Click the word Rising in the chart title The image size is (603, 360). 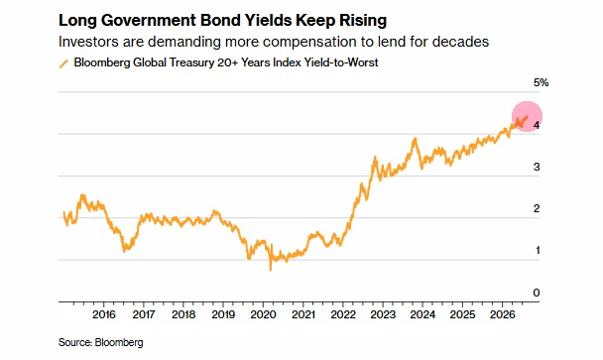point(362,21)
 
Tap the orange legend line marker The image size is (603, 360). point(63,63)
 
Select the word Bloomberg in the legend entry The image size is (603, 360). point(102,62)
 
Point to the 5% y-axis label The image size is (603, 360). point(541,82)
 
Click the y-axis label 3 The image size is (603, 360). point(537,167)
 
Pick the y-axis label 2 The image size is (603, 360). point(537,208)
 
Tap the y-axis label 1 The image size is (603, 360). point(538,250)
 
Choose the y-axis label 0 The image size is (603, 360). point(537,293)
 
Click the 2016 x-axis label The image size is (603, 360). point(104,314)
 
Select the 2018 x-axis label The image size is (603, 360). point(183,314)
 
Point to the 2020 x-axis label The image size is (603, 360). point(263,314)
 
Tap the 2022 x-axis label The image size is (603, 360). point(343,314)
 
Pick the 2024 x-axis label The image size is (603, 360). point(422,314)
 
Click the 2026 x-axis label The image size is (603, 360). point(502,314)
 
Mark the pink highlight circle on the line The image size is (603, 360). point(527,117)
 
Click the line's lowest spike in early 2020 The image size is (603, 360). point(271,269)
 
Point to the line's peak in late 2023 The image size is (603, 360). point(415,139)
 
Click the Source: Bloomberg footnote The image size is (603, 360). point(101,342)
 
